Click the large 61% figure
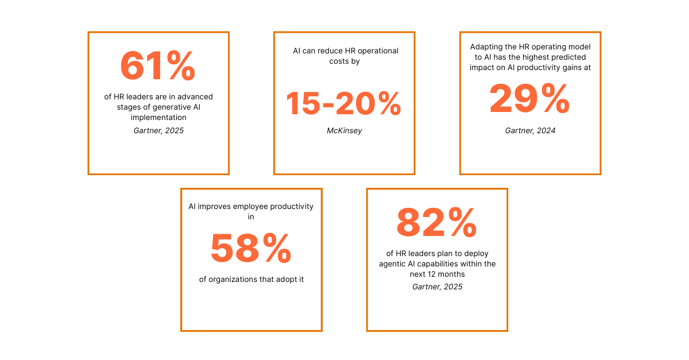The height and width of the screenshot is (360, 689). tap(158, 66)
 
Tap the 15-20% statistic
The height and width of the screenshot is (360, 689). tap(343, 104)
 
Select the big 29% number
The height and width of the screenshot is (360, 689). tap(529, 98)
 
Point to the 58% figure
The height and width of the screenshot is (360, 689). tap(251, 249)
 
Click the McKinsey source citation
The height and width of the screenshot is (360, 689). tap(344, 131)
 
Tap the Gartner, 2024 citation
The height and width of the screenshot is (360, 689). tap(530, 131)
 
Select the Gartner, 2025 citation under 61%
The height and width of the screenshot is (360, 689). tap(158, 131)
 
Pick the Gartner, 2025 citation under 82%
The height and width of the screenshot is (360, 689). tap(437, 287)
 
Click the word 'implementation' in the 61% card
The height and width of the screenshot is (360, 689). tap(158, 118)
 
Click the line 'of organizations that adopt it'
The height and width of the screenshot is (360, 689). tap(251, 280)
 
